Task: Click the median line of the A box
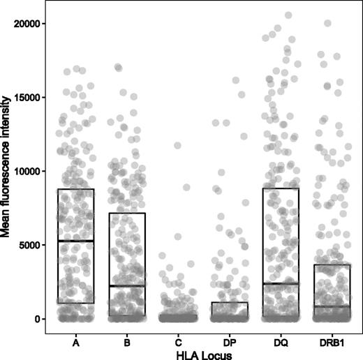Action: click(x=75, y=241)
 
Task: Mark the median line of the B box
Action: click(x=127, y=286)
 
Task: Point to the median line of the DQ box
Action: click(x=281, y=283)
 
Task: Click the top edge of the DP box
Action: click(x=229, y=302)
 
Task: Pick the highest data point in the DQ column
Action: click(x=288, y=15)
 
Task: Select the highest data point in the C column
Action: click(x=177, y=146)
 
